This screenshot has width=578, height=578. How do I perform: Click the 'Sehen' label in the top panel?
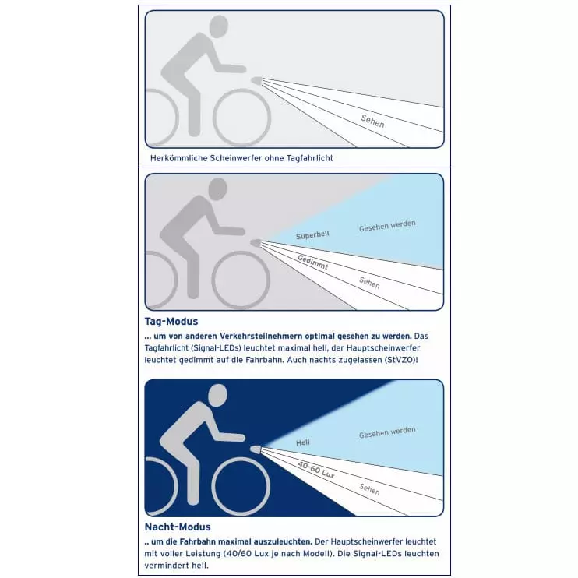coord(372,121)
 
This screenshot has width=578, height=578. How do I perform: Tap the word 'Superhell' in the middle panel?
coord(312,235)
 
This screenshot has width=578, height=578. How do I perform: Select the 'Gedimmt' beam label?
coord(313,262)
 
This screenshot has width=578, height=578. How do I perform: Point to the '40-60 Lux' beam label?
coord(316,470)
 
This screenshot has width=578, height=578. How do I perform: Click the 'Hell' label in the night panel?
coord(303,442)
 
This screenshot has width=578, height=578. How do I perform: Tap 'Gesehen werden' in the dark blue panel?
coord(387,432)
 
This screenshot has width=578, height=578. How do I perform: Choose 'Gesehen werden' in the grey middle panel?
coord(387,226)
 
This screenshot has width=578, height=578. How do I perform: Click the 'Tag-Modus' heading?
coord(171,322)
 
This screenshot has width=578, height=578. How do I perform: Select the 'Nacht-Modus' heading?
coord(178,527)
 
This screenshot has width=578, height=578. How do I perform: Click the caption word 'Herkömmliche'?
coord(179,158)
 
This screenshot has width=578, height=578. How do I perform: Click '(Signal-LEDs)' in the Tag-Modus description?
coord(214,348)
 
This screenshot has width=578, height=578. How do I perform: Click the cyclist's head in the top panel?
coord(219,26)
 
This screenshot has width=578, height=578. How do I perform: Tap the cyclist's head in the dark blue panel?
coord(217,396)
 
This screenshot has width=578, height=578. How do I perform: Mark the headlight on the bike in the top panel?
coord(256,80)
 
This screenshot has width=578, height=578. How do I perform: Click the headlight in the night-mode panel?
coord(256,449)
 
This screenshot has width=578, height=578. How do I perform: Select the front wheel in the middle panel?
coord(241,280)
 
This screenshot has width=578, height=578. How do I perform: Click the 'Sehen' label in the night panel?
coord(369,489)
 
